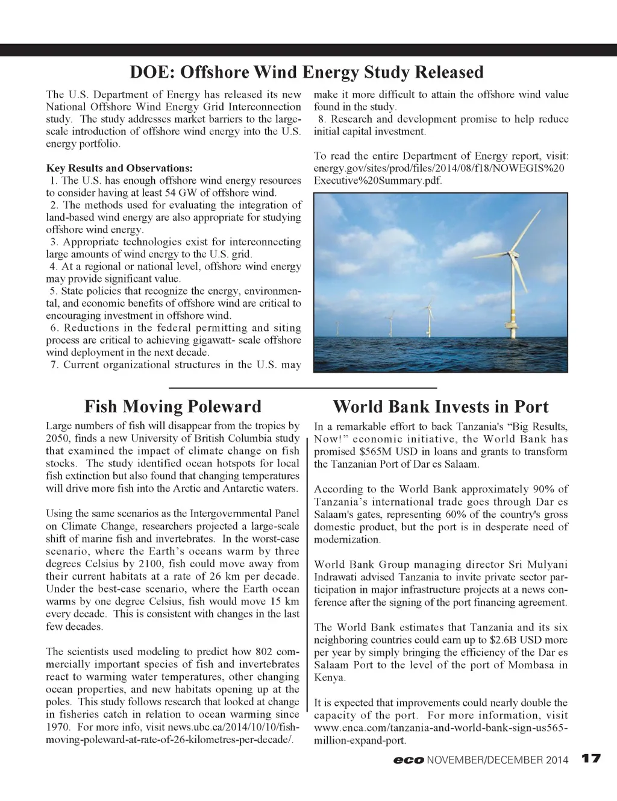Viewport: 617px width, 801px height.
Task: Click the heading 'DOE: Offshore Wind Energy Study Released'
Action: click(307, 72)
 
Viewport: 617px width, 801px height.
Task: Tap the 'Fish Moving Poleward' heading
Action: click(173, 406)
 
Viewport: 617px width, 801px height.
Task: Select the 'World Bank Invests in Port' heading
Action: click(440, 406)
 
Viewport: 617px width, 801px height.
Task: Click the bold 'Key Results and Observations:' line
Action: click(119, 168)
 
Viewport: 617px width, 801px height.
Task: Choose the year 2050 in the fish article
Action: click(57, 438)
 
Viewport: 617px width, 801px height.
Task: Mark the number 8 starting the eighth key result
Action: click(322, 119)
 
